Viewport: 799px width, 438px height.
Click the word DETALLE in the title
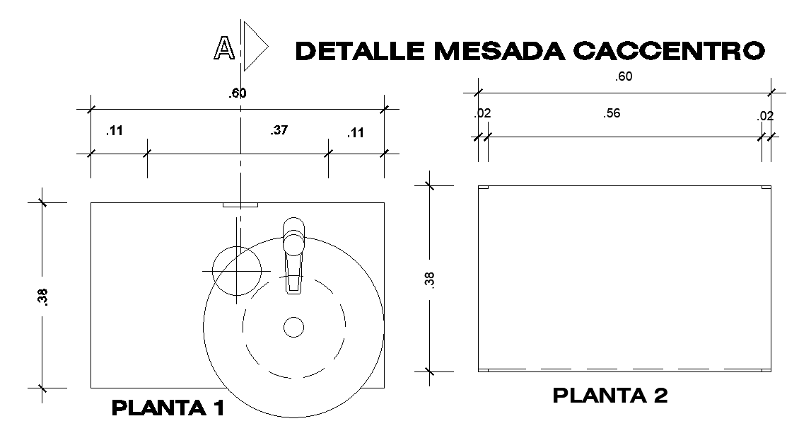(x=361, y=51)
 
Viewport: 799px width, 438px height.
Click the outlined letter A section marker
(x=224, y=47)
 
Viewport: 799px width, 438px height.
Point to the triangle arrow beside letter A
(x=254, y=47)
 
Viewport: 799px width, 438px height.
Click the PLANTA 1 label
(x=168, y=408)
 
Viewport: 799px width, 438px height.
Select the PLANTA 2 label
(x=610, y=396)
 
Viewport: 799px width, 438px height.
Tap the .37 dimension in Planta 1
(x=279, y=130)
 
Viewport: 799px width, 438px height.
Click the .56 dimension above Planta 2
(x=612, y=113)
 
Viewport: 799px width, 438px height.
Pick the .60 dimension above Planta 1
(x=237, y=93)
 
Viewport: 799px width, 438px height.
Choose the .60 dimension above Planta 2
(x=623, y=77)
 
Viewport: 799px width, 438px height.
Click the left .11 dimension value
(x=114, y=131)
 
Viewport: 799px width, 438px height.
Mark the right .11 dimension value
(x=356, y=132)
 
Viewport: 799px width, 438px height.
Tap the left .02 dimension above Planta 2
(x=482, y=113)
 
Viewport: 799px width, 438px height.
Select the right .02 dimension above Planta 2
(x=765, y=116)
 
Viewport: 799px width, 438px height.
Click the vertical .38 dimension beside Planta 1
(x=43, y=296)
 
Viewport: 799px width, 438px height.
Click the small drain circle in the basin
(x=293, y=326)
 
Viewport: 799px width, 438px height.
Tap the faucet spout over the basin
(x=294, y=265)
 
